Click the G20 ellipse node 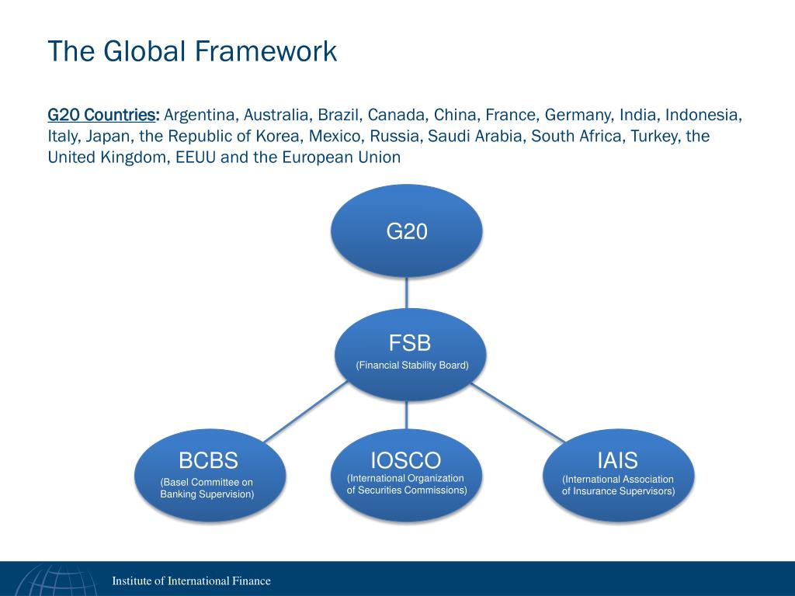pos(407,230)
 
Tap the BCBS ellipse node pos(208,474)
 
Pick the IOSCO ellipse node pos(406,473)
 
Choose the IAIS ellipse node pos(618,474)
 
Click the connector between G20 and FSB pos(407,293)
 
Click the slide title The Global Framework pos(192,51)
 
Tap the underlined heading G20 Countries pos(103,115)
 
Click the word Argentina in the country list pos(200,115)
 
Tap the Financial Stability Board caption pos(412,365)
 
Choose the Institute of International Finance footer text pos(191,580)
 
